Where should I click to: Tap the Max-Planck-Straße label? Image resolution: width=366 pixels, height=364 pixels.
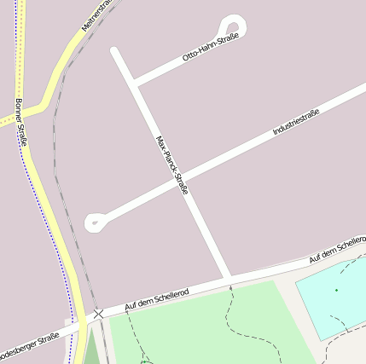pos(171,165)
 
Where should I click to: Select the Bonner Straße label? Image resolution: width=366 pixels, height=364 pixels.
pos(21,122)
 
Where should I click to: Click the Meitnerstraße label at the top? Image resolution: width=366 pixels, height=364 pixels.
pos(96,14)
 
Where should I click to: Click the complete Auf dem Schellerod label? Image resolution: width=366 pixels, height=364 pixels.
pos(157,299)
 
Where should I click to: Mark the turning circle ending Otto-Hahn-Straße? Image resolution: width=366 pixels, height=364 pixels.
pos(232,26)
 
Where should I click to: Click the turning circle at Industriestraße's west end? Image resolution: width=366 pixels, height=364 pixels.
pos(96,223)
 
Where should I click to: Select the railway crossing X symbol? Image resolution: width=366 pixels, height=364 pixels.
pos(99,315)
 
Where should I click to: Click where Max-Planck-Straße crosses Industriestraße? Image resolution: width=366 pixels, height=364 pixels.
pos(182,179)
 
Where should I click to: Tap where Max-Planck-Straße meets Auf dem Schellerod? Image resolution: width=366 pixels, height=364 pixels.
pos(229,280)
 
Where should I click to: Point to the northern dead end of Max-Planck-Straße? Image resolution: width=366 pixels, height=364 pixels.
pos(115,51)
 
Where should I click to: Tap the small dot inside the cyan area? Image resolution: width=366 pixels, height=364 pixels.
pos(336,290)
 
